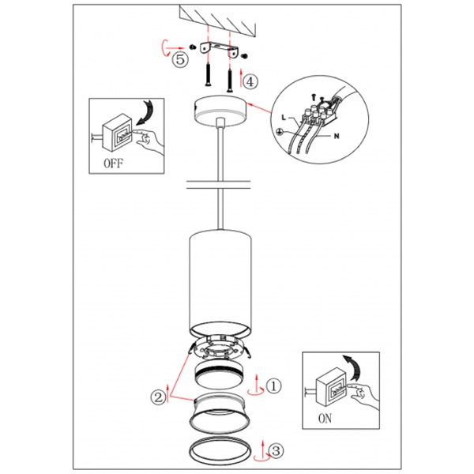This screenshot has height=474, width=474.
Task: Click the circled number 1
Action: click(274, 386)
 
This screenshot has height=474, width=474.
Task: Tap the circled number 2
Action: click(159, 397)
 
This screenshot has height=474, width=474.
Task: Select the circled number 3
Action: click(276, 451)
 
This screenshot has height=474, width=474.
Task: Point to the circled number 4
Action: click(250, 81)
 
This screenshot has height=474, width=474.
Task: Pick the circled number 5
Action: click(180, 59)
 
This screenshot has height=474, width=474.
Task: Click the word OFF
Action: click(113, 164)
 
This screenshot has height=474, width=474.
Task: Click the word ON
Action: click(325, 419)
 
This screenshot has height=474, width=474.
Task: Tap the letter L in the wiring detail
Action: click(284, 117)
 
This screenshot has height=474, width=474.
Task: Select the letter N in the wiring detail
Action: click(337, 137)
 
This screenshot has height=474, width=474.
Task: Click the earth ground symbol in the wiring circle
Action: click(280, 131)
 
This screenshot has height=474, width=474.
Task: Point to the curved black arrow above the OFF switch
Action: click(145, 112)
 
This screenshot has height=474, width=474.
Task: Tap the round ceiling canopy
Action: click(220, 112)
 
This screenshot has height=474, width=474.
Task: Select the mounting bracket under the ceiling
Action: click(219, 49)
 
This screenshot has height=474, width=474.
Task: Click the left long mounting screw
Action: click(208, 75)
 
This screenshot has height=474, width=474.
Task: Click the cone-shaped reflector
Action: click(219, 413)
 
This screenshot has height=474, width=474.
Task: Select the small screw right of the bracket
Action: click(245, 56)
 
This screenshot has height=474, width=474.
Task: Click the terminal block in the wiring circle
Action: click(319, 114)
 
